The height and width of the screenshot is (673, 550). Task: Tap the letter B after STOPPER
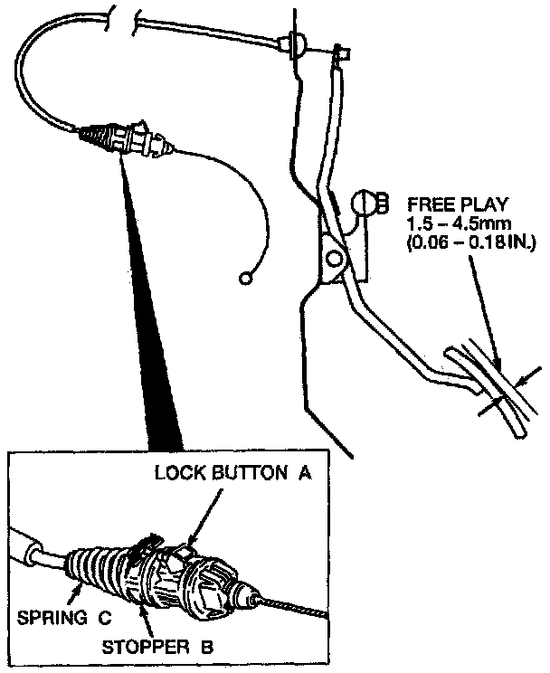(207, 646)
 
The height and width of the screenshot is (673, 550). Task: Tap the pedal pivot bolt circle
(335, 261)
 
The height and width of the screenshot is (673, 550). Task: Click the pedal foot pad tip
(517, 433)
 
